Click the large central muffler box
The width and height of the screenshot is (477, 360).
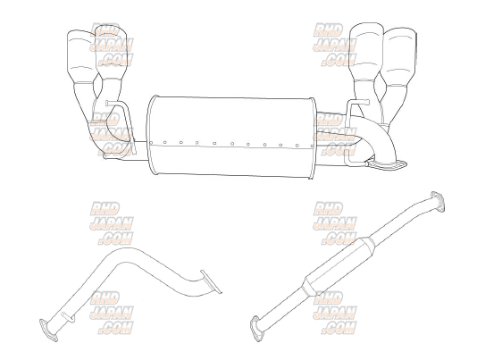(231, 137)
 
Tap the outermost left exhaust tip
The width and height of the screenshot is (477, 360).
(79, 56)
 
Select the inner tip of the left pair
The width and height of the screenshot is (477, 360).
(111, 54)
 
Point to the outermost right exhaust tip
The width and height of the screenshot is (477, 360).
(399, 56)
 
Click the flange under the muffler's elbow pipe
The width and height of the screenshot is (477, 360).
(388, 164)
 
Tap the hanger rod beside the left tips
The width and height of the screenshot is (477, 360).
(124, 125)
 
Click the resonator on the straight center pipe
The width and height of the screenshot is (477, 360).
(340, 266)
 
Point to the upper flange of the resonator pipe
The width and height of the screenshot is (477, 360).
(438, 201)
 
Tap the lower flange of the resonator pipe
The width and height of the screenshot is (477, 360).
(257, 329)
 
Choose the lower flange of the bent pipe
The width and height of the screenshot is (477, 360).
(48, 331)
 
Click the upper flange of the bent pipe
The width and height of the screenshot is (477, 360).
(211, 281)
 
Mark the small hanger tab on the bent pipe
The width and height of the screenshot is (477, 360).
(68, 316)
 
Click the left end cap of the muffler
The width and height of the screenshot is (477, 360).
(152, 135)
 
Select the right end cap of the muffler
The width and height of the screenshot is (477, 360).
(313, 138)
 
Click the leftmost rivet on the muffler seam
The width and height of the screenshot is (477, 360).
(151, 142)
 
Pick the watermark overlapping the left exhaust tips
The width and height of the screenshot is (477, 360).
(112, 45)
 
